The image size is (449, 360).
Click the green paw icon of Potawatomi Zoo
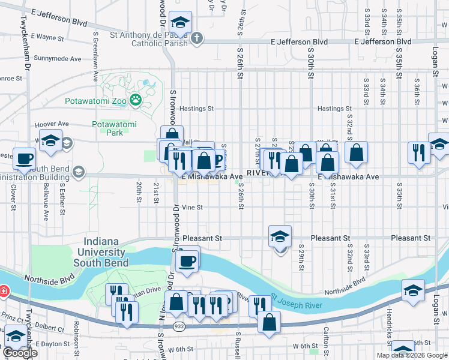coord(136,100)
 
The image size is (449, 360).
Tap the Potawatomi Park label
coord(114,128)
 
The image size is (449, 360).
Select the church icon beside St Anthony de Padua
coord(197,39)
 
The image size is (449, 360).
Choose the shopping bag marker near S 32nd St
coord(356,154)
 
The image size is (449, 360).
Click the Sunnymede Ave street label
coord(58,59)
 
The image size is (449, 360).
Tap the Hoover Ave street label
coord(53,124)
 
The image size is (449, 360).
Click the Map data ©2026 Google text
coord(411,355)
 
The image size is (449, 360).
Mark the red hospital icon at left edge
coord(4,291)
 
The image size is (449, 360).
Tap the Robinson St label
coord(77,337)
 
